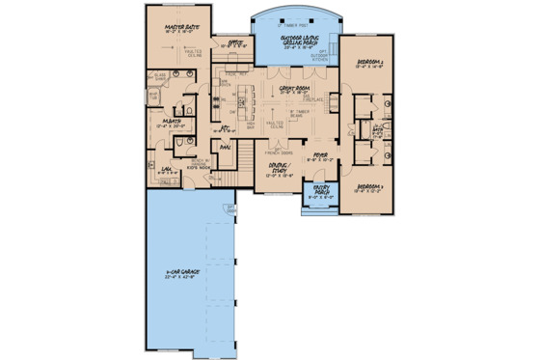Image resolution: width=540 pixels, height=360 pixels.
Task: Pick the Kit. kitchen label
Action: (227, 125)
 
